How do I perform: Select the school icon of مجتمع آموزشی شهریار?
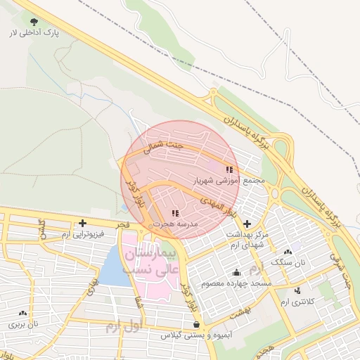click(229, 169)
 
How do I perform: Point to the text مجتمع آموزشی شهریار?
click(230, 181)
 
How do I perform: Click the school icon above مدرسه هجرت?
click(174, 212)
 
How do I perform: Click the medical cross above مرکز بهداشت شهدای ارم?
click(246, 223)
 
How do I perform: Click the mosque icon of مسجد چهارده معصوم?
click(236, 273)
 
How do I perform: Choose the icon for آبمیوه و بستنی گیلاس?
click(195, 325)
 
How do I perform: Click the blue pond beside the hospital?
click(112, 268)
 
